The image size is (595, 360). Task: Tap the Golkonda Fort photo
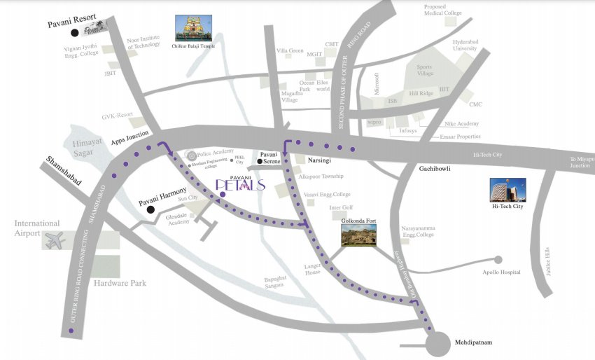click(358, 235)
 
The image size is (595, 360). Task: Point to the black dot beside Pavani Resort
click(74, 32)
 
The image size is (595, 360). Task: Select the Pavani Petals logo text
click(240, 184)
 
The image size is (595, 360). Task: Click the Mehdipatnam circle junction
click(441, 345)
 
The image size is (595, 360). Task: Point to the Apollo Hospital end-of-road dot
click(498, 258)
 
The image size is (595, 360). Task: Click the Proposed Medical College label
click(443, 10)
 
